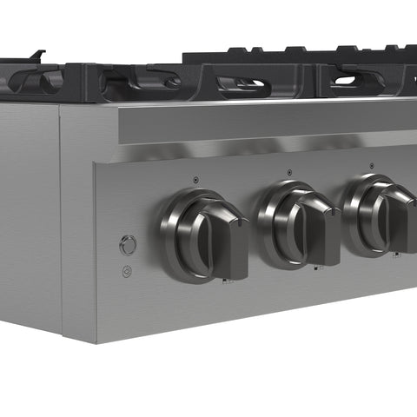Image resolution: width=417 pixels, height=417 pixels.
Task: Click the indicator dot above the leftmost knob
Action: (195, 180)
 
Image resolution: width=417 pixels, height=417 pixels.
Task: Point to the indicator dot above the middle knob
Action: (288, 172)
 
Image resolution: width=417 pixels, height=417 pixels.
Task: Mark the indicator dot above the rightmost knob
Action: (372, 165)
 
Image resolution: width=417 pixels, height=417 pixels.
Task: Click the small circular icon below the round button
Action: (127, 271)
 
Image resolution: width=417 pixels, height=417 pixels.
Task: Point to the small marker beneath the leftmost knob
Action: (226, 281)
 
